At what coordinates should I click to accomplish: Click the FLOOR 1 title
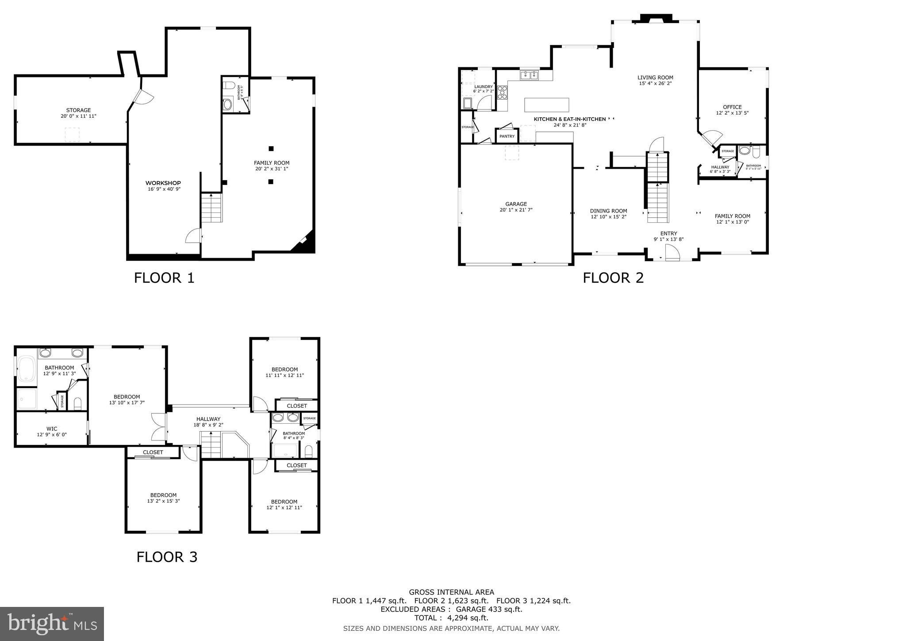click(164, 278)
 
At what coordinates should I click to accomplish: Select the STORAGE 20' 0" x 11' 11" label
click(78, 113)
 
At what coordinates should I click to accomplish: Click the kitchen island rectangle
click(546, 105)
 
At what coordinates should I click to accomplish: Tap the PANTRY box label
click(507, 136)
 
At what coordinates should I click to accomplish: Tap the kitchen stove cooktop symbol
click(502, 92)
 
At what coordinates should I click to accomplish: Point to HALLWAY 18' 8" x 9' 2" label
click(208, 421)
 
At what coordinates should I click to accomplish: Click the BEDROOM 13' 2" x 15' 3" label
click(163, 498)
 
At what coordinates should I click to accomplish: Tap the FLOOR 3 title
click(167, 557)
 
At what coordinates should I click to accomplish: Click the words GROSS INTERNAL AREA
click(451, 592)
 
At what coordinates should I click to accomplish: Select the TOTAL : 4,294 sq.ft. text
click(451, 618)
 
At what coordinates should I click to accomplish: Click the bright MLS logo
click(52, 624)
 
